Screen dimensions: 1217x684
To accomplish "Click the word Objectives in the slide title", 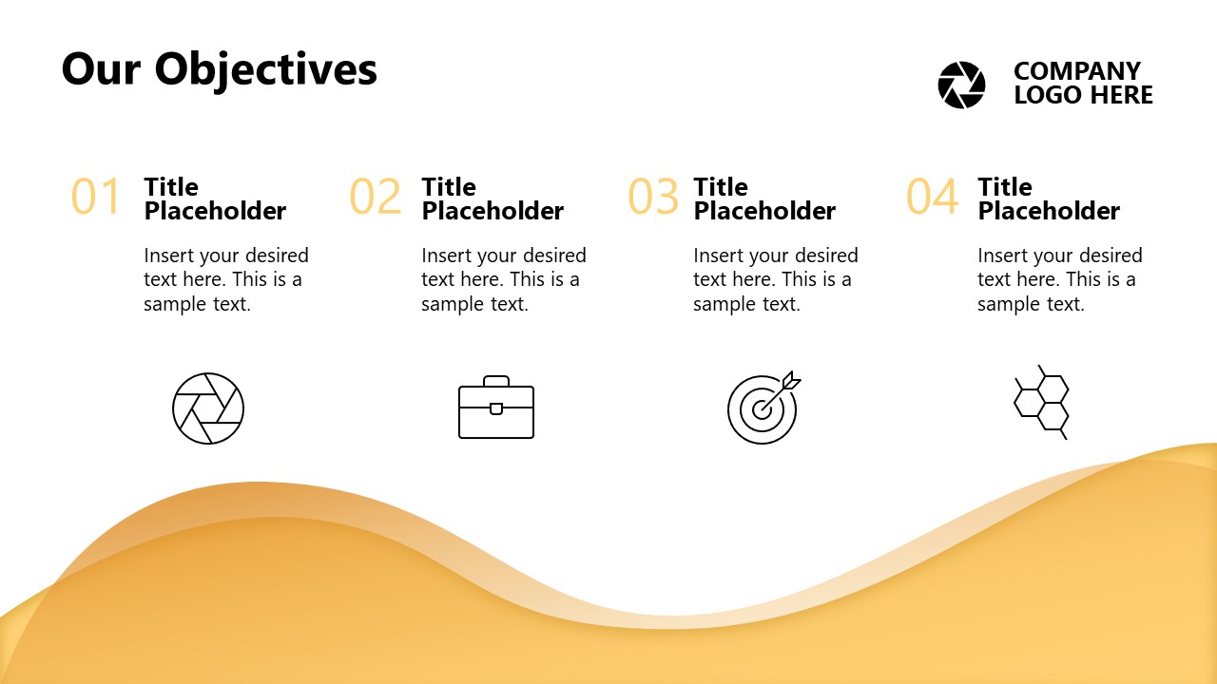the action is tap(265, 70).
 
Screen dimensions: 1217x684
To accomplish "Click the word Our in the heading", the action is tap(102, 69).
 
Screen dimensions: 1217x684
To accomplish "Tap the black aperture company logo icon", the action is tap(961, 85).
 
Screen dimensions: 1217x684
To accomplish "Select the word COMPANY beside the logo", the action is tap(1077, 71).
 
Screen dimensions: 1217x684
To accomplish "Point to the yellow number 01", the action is tap(95, 196).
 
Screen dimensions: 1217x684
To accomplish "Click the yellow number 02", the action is tap(375, 196).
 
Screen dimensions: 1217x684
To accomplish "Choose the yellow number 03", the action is tap(653, 196).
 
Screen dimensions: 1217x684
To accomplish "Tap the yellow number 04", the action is tap(932, 196).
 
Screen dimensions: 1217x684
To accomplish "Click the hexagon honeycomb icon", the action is tap(1041, 402).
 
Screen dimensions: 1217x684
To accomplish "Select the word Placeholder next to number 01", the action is tap(215, 211).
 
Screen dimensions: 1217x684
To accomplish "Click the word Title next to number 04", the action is tap(1005, 187).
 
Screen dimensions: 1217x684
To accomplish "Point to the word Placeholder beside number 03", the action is tap(764, 211).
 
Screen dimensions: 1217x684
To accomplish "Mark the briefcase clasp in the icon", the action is tap(496, 408).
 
